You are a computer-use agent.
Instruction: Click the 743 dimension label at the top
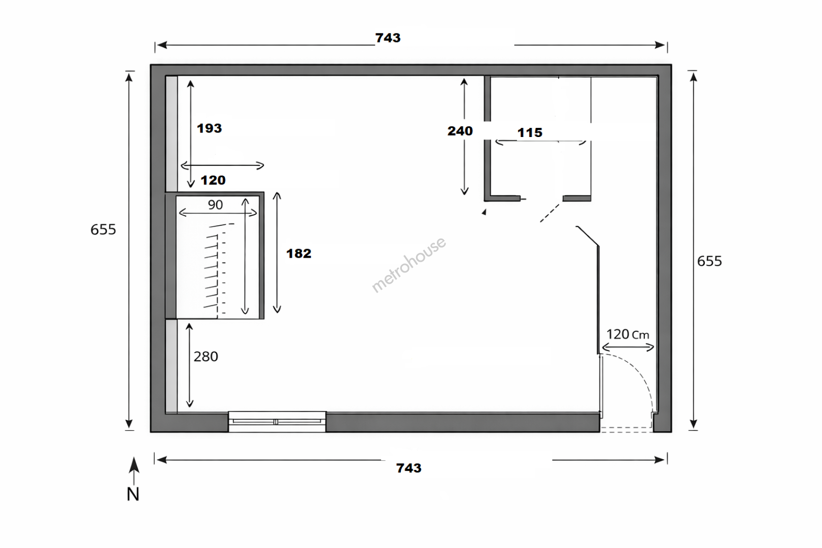(x=388, y=38)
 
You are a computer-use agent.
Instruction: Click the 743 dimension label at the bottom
(x=409, y=468)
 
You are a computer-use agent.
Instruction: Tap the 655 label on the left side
(x=103, y=230)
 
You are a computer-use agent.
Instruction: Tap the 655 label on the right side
(x=709, y=261)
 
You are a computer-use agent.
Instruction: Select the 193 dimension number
(x=209, y=128)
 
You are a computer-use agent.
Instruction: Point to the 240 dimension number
(x=460, y=131)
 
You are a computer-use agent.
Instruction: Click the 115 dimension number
(x=530, y=132)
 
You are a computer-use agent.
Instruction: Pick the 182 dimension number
(x=299, y=253)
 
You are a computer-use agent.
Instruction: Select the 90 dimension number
(x=216, y=205)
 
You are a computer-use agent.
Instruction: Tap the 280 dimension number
(x=206, y=356)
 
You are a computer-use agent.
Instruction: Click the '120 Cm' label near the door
(x=628, y=334)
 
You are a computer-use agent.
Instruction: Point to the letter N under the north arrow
(x=133, y=494)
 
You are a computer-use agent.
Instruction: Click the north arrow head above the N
(x=134, y=465)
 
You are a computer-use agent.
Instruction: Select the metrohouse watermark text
(x=409, y=264)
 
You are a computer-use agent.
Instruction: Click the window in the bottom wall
(x=277, y=421)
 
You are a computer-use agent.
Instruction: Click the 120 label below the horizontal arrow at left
(x=213, y=180)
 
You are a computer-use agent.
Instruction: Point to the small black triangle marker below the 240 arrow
(x=484, y=212)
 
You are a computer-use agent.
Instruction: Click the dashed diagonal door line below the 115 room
(x=550, y=213)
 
